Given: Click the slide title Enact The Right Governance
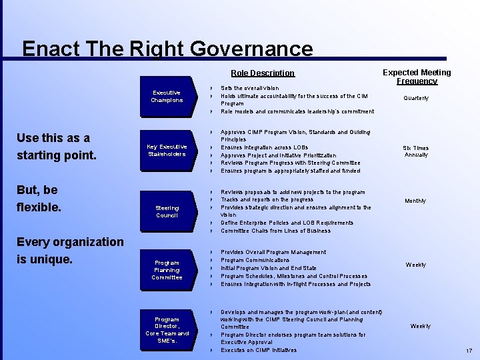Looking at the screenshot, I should point(167,49).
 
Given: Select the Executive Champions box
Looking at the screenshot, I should point(167,97).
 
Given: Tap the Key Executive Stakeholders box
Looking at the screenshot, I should point(167,150).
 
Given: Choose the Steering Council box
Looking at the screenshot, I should point(167,211).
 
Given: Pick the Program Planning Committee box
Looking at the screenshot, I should point(167,269).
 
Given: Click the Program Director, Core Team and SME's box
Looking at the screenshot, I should point(167,329).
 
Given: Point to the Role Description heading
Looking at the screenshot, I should point(262,73).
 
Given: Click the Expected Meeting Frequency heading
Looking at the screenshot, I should point(417,77).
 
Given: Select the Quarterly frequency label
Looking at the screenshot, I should point(416,98).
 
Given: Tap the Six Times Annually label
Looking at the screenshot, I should point(416,151).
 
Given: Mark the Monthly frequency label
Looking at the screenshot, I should point(415,201).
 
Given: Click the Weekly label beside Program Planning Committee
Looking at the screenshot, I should point(415,265).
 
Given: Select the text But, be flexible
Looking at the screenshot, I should point(39,199).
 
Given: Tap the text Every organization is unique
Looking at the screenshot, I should point(70,250).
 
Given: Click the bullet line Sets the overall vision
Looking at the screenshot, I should point(250,88).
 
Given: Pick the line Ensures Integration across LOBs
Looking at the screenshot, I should point(264,147).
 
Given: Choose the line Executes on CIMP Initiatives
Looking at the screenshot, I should point(259,350).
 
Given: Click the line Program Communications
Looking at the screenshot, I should point(255,260).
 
